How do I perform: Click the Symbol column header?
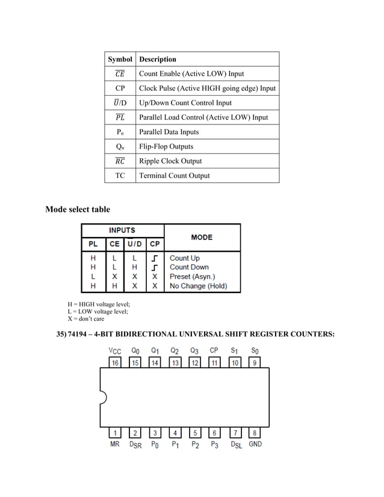tap(120, 59)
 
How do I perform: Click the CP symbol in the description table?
tap(120, 88)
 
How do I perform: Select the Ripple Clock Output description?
tap(170, 161)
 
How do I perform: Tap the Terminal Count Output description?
tap(175, 176)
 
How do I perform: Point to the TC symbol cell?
tap(120, 176)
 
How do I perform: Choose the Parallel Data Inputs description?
tap(169, 132)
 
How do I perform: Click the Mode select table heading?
tap(78, 209)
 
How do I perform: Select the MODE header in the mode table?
tap(201, 237)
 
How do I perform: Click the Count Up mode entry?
tap(184, 258)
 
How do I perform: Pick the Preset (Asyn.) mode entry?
tap(191, 276)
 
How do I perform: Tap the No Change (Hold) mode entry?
tap(198, 286)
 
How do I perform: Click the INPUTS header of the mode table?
tap(122, 230)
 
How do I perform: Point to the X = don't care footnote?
tap(86, 319)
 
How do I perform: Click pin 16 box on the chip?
tap(115, 363)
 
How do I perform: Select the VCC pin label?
tap(114, 350)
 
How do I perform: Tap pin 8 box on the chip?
tap(255, 433)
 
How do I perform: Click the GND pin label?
tap(255, 445)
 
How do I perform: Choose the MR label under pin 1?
tap(114, 445)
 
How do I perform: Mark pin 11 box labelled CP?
tap(214, 363)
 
